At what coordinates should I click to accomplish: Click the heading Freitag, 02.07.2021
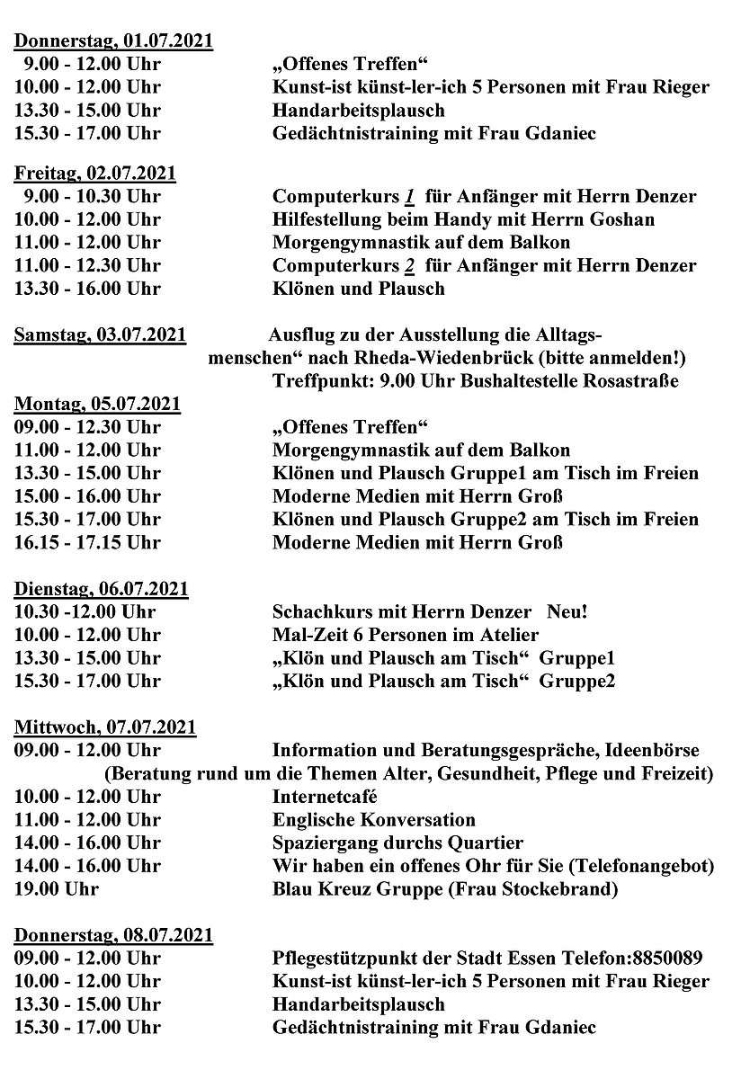pyautogui.click(x=95, y=173)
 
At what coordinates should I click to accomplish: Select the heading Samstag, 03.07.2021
pyautogui.click(x=100, y=335)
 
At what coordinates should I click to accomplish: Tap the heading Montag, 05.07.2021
pyautogui.click(x=97, y=404)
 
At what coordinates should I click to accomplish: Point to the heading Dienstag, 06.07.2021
pyautogui.click(x=101, y=589)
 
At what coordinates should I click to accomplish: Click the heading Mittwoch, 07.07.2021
pyautogui.click(x=105, y=727)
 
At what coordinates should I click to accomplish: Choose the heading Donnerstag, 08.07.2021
pyautogui.click(x=113, y=935)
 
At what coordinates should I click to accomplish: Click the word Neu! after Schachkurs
pyautogui.click(x=567, y=612)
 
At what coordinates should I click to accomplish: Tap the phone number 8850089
pyautogui.click(x=666, y=959)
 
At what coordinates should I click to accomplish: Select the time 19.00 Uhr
pyautogui.click(x=57, y=889)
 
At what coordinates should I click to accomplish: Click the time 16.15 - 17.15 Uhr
pyautogui.click(x=87, y=542)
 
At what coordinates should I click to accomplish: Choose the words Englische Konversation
pyautogui.click(x=373, y=820)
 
